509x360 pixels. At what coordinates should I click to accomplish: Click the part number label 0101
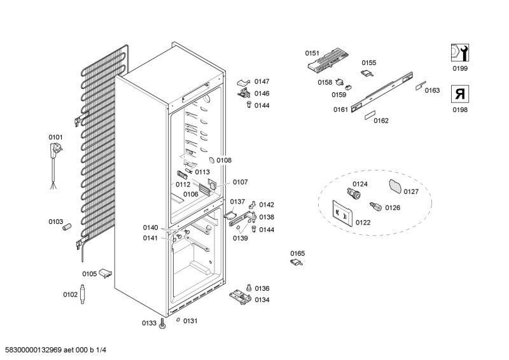pos(56,137)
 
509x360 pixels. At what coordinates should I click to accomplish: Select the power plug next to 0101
pos(56,150)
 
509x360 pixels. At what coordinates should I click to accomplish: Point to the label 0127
pos(411,191)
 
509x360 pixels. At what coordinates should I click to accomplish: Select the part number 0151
pos(312,53)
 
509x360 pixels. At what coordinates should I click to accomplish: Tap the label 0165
pos(297,253)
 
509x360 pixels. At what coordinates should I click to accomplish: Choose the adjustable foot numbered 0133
pos(163,324)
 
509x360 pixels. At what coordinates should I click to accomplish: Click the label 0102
pos(70,294)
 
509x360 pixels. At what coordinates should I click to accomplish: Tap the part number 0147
pos(261,81)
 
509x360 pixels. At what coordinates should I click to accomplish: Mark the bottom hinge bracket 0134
pos(240,296)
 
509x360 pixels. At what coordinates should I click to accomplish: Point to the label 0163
pos(432,90)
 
